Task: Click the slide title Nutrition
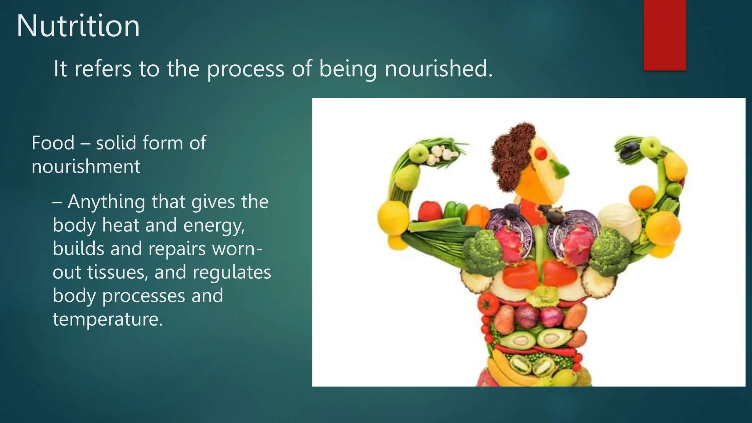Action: (78, 26)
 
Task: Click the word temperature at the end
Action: (107, 319)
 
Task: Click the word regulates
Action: (232, 272)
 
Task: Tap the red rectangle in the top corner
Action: (665, 35)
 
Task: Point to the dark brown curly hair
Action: (512, 154)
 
